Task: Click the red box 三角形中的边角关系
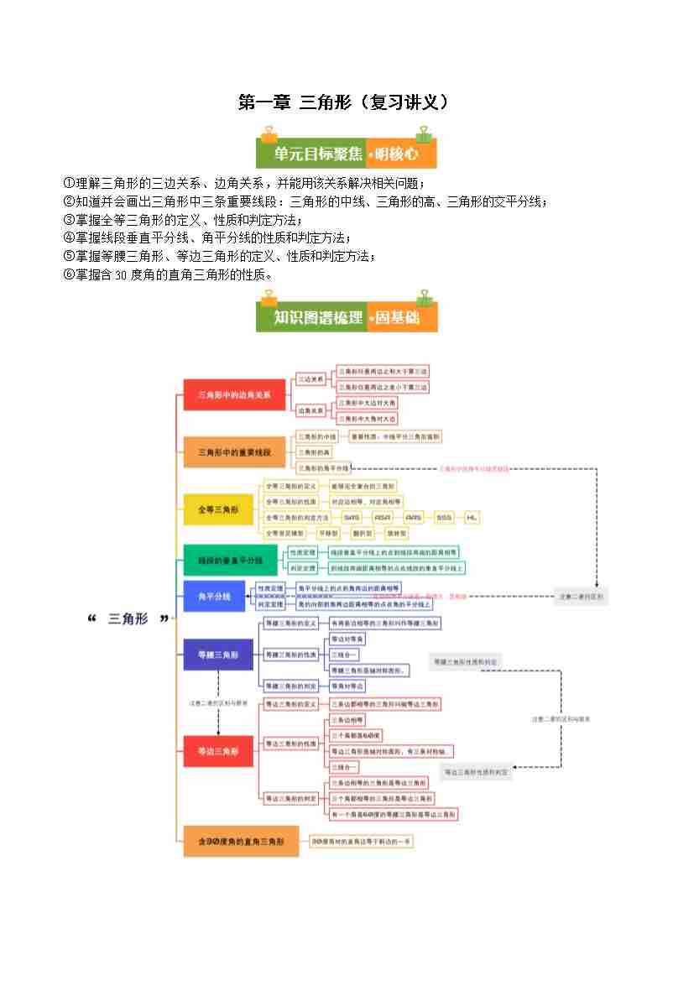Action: coord(223,394)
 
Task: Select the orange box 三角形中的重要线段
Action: coord(223,452)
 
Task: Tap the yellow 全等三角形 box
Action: coord(218,509)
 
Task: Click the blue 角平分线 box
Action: coord(213,597)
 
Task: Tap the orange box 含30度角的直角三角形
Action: coord(241,840)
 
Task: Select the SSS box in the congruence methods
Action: coord(443,518)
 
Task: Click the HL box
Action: coord(472,518)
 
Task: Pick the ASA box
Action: coord(383,518)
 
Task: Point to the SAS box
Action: coord(352,518)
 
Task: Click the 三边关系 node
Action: coord(312,379)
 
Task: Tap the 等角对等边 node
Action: coord(347,686)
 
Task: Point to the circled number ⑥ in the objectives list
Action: coord(69,274)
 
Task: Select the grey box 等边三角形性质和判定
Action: coord(477,771)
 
